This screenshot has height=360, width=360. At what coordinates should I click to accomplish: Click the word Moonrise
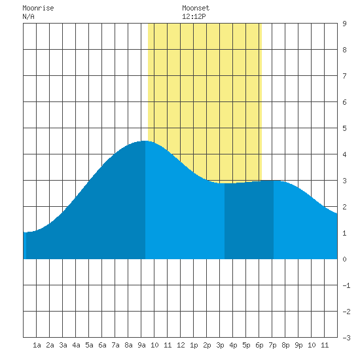38,8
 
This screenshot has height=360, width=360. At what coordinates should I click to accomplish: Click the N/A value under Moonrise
28,16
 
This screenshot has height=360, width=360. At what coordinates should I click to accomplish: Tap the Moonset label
196,8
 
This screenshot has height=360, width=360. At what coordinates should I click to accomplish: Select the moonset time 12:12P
194,16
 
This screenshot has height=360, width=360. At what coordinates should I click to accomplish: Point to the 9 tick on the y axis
344,24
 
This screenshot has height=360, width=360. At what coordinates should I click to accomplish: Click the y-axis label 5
344,128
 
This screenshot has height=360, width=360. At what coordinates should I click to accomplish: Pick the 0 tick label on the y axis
344,259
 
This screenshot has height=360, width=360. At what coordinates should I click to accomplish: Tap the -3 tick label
346,338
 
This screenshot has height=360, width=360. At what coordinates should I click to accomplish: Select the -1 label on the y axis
346,285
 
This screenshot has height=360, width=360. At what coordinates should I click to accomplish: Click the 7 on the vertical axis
344,76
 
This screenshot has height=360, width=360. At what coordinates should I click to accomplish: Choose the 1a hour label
37,345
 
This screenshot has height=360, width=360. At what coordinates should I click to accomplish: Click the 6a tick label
102,345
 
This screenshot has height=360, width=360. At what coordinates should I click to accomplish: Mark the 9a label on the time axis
141,345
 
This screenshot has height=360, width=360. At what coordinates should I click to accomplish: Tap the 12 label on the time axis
181,345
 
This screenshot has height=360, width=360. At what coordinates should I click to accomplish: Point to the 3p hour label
220,345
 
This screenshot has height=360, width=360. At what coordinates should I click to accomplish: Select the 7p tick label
272,345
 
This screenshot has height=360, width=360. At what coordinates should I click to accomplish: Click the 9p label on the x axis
298,345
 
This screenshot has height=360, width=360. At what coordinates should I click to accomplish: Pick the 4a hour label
76,345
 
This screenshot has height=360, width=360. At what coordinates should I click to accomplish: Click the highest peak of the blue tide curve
145,141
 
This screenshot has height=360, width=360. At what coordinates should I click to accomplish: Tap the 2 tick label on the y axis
344,207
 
